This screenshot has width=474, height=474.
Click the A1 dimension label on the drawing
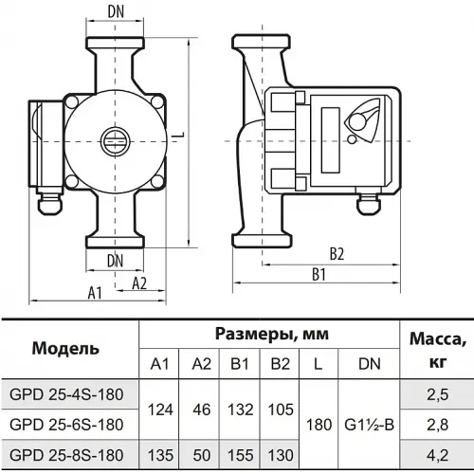(x=95, y=293)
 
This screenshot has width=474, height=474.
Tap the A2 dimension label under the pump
(x=139, y=283)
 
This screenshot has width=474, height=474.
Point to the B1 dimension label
(x=319, y=274)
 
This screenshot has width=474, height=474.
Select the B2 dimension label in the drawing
(x=337, y=254)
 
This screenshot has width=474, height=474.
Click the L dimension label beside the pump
(x=180, y=136)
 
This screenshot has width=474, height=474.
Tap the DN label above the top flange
(x=116, y=11)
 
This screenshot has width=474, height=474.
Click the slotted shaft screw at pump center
(x=115, y=141)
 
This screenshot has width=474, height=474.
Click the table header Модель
(x=65, y=349)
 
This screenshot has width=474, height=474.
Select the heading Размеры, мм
(x=272, y=335)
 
